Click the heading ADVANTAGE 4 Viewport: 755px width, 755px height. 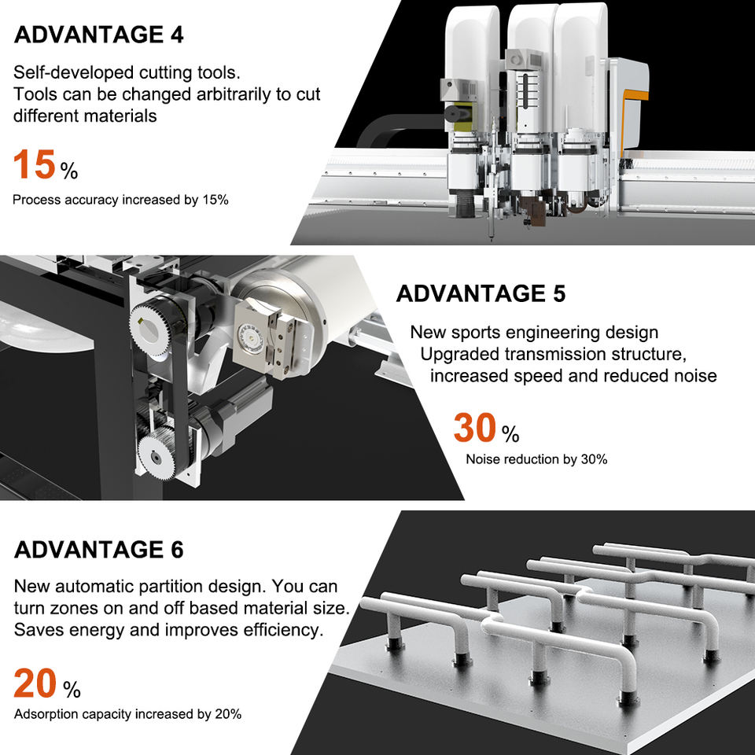(99, 35)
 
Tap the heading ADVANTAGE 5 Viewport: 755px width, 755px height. (481, 293)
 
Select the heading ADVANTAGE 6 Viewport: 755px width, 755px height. (99, 550)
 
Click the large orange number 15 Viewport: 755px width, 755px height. (34, 164)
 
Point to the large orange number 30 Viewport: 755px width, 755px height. (475, 428)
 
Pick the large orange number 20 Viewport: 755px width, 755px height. (35, 683)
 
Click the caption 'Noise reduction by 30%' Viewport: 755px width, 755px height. (536, 459)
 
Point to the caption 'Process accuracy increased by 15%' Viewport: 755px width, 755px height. (120, 200)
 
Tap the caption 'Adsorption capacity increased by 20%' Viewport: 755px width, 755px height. (127, 714)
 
